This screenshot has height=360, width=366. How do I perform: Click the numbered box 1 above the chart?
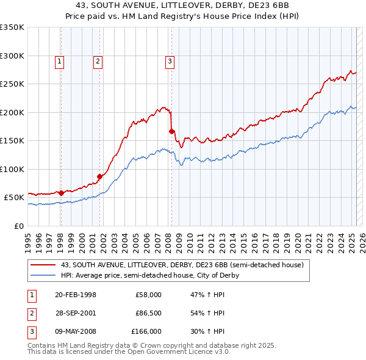60,60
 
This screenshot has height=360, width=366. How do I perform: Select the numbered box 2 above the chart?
98,60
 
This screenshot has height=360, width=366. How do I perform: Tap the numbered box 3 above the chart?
170,60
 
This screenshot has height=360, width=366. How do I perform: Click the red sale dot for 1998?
61,193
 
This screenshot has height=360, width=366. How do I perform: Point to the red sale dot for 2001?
99,177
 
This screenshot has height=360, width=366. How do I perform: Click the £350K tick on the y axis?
12,27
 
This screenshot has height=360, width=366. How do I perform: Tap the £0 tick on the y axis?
18,226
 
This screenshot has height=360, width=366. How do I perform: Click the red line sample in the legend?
43,265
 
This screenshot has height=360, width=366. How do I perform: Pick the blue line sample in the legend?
43,275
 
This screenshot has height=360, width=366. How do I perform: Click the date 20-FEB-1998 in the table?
76,295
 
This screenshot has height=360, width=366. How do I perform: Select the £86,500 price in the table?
149,313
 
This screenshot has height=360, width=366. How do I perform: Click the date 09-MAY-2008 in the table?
76,331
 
